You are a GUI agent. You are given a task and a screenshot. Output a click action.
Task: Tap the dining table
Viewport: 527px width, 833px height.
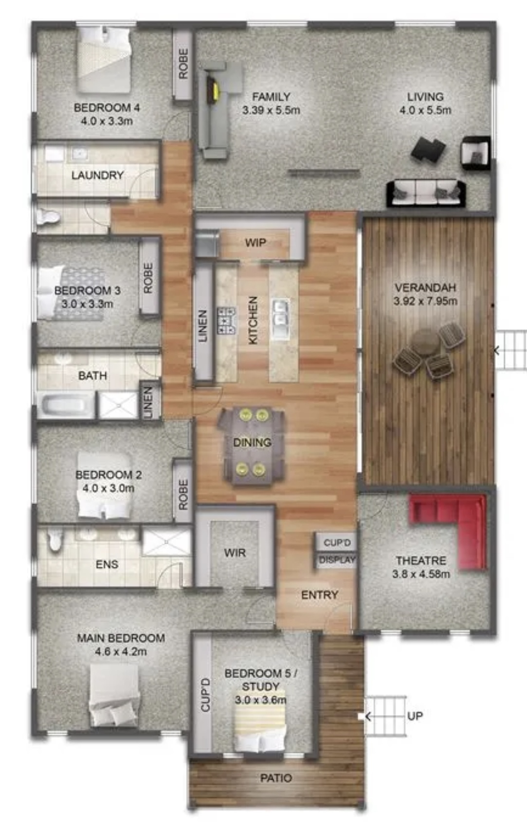click(x=253, y=443)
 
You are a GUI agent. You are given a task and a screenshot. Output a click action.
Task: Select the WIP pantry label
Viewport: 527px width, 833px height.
click(x=255, y=243)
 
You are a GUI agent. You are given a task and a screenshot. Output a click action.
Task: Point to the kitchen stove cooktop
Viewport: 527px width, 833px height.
click(x=226, y=320)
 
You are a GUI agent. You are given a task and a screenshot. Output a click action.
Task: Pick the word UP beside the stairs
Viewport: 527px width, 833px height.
click(x=415, y=716)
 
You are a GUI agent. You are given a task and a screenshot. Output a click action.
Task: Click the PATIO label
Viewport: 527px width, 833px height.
click(x=276, y=778)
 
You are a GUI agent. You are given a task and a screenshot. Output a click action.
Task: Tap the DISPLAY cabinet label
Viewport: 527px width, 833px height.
click(x=337, y=560)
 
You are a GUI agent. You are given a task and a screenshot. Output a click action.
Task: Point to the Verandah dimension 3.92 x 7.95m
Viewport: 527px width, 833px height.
click(x=425, y=301)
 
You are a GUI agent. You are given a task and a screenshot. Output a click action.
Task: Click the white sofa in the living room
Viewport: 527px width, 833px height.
click(x=426, y=193)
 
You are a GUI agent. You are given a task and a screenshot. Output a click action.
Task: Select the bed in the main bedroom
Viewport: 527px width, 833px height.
click(x=114, y=695)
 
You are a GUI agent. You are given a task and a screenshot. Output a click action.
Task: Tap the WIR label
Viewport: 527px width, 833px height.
click(x=235, y=553)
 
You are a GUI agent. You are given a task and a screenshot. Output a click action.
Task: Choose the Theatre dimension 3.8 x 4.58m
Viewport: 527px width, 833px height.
click(x=421, y=574)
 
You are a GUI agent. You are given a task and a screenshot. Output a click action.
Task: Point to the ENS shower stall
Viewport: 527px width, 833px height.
click(x=166, y=542)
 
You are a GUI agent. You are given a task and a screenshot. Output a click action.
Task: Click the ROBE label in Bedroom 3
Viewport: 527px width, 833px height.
click(x=148, y=278)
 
